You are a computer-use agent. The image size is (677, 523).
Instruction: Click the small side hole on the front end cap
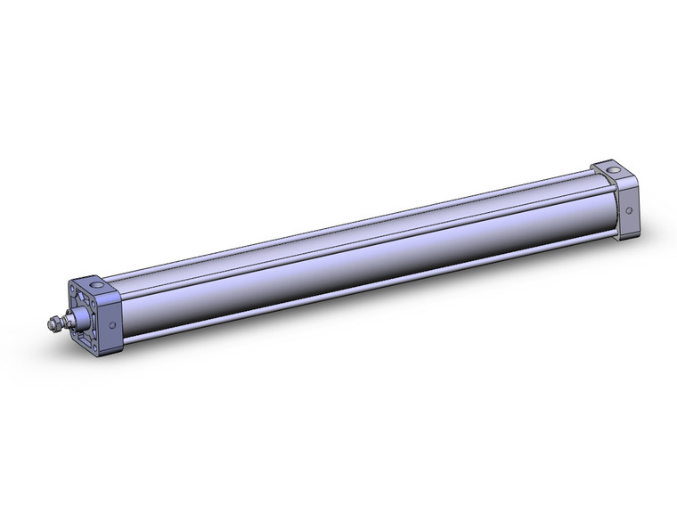coord(112,326)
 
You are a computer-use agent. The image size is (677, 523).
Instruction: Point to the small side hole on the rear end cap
coord(629,210)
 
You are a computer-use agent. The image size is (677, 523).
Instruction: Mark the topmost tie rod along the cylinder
coord(356,224)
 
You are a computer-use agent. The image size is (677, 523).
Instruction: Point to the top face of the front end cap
coord(97,286)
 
